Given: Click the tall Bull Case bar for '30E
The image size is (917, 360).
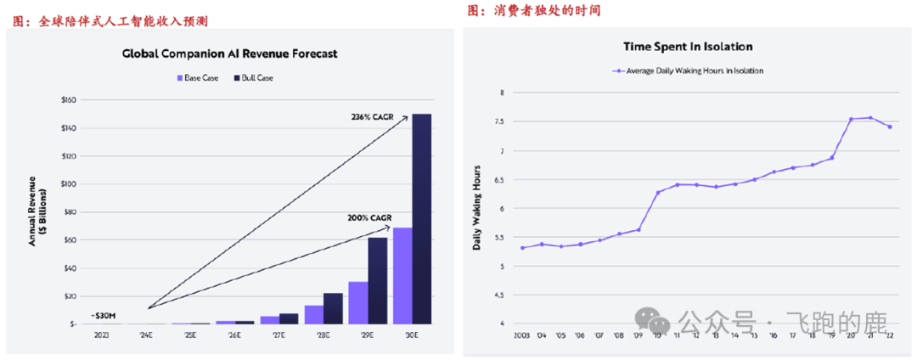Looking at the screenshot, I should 422,219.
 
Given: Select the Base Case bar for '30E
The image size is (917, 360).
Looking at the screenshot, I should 402,276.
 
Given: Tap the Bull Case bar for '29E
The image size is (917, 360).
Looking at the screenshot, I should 377,280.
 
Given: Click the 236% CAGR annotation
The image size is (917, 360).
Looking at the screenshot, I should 372,117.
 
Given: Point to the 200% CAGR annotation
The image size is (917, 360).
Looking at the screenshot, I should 368,218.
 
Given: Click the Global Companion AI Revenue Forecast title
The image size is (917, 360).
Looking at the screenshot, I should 229,53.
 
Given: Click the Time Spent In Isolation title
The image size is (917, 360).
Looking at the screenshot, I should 688,47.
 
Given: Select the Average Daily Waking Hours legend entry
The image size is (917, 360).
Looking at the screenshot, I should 688,70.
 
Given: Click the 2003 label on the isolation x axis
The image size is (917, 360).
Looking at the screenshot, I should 521,335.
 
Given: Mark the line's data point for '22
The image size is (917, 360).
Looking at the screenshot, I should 889,127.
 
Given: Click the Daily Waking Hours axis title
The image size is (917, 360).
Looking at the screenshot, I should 476,207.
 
